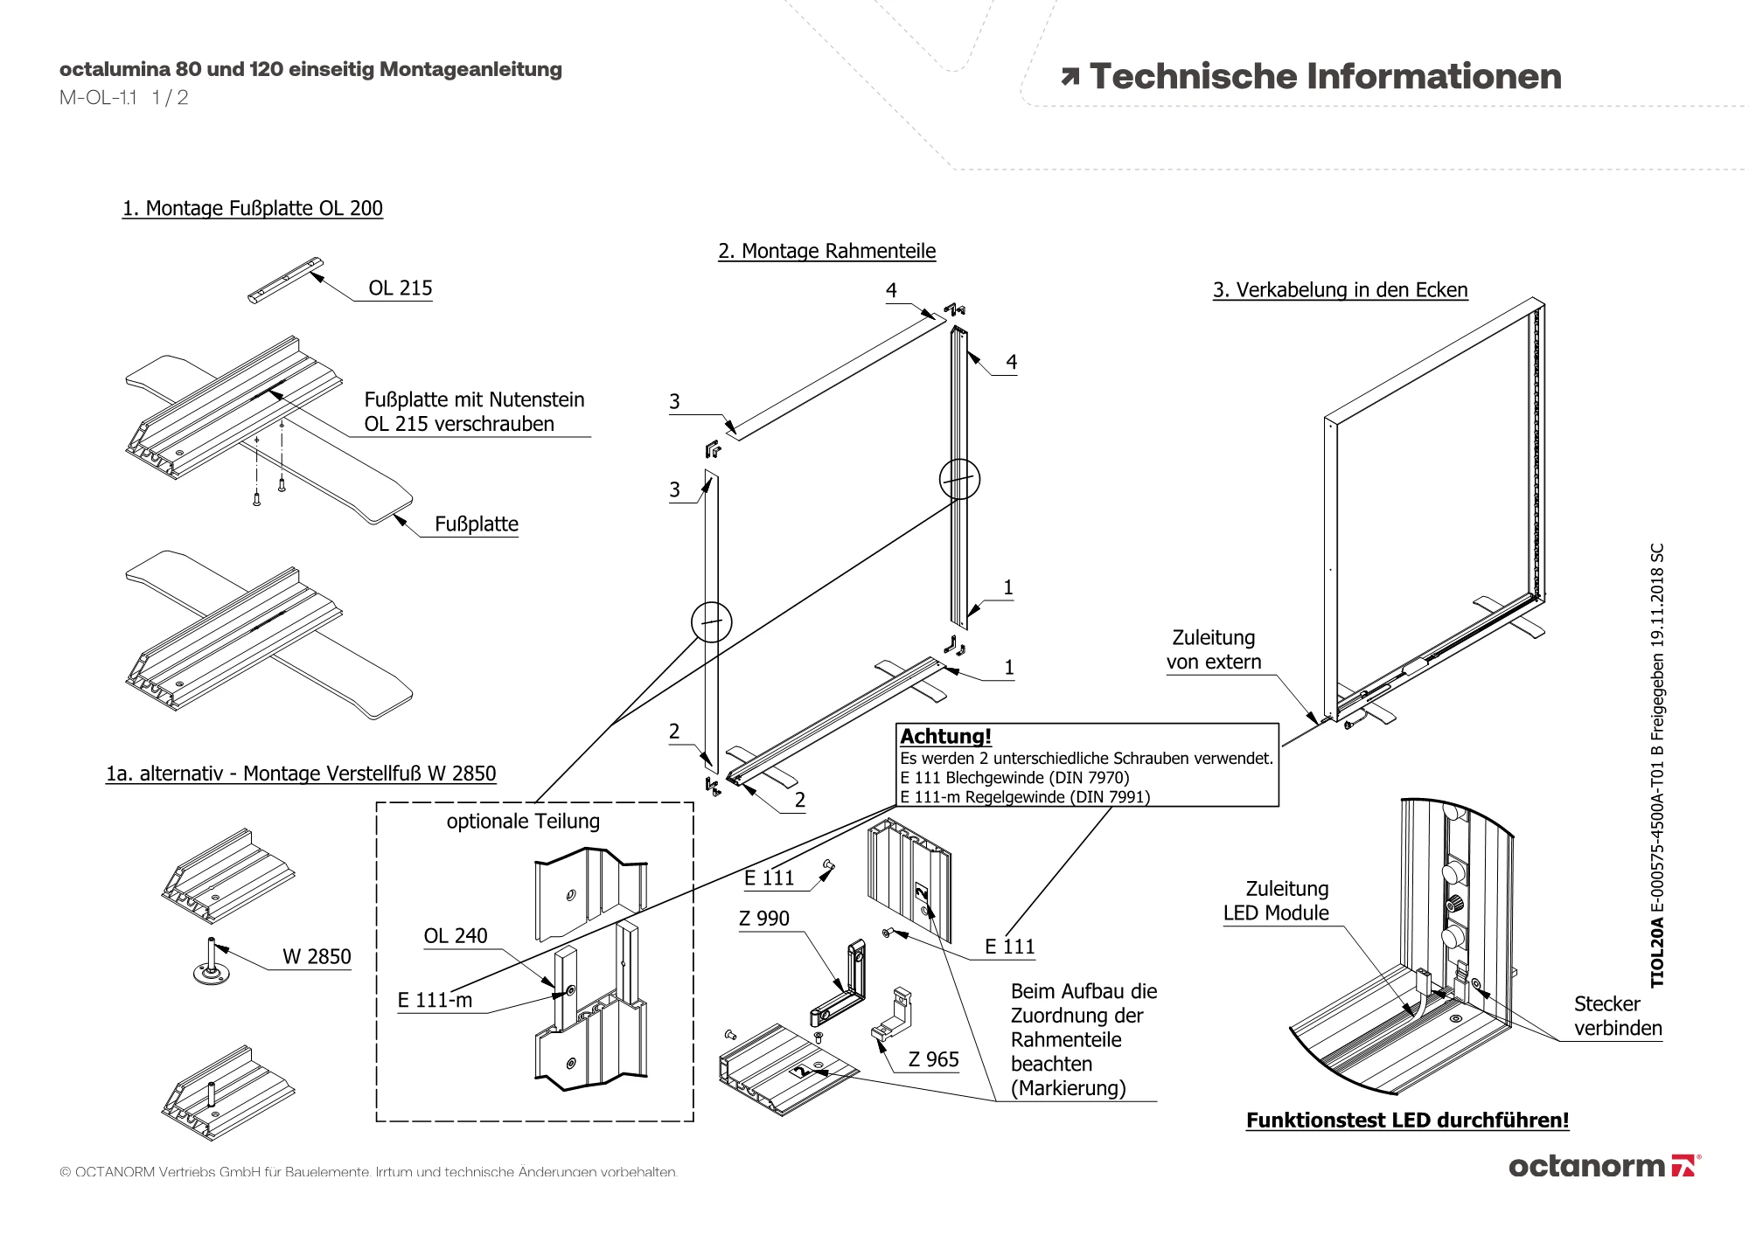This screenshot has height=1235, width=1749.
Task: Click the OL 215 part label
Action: click(x=401, y=288)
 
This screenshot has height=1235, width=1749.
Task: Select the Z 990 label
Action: click(x=764, y=919)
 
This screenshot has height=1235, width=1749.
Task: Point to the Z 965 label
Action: click(x=934, y=1059)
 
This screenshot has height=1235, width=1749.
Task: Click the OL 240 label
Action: click(x=456, y=936)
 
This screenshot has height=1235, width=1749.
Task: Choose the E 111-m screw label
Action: click(x=435, y=1000)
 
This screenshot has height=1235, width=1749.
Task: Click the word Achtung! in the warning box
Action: click(x=946, y=737)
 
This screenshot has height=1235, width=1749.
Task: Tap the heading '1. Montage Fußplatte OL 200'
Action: click(x=253, y=209)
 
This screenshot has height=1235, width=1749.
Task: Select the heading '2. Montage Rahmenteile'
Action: click(x=827, y=252)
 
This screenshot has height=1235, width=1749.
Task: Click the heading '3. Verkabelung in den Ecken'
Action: click(x=1341, y=290)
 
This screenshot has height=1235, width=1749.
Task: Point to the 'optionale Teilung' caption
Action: click(x=523, y=822)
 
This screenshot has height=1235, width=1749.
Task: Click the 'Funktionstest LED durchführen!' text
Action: click(x=1408, y=1121)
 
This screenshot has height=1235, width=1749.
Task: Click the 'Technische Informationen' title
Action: click(x=1312, y=77)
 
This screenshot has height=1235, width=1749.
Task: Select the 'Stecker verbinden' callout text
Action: click(x=1618, y=1016)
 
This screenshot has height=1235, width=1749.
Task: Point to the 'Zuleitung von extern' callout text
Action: click(x=1214, y=650)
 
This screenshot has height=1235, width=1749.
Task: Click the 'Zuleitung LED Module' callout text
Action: click(x=1276, y=901)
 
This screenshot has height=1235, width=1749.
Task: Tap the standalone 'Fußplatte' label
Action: click(x=477, y=524)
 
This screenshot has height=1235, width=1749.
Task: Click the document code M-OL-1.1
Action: click(x=98, y=98)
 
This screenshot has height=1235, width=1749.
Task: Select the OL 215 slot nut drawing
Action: click(x=285, y=280)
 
